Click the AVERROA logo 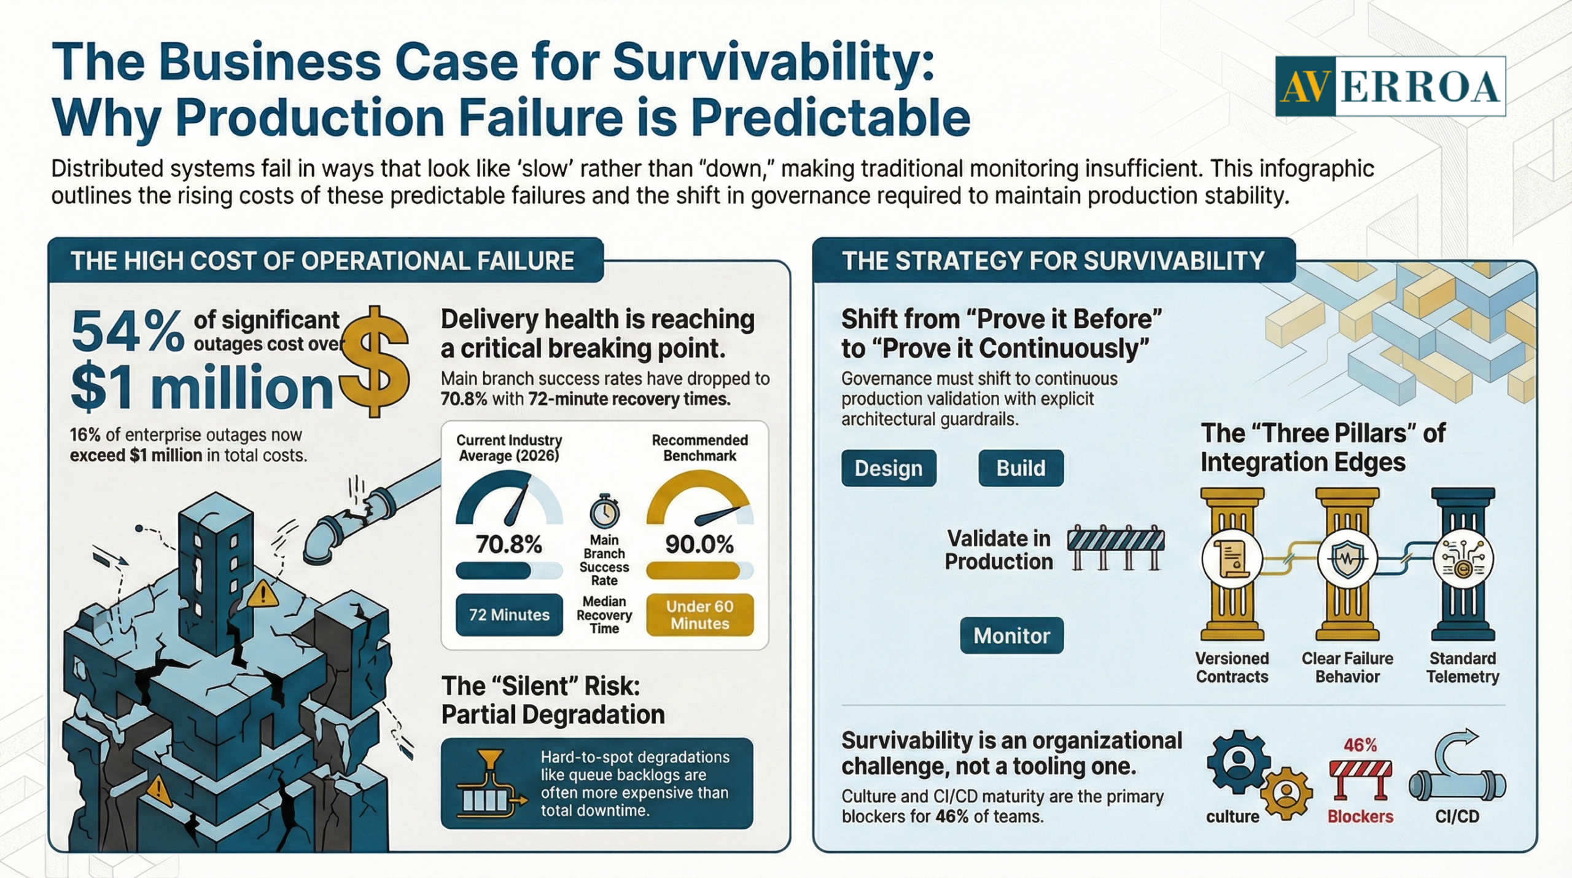point(1390,87)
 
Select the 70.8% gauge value point(509,544)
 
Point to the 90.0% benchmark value point(699,544)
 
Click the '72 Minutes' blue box point(509,614)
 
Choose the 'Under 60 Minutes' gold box point(700,614)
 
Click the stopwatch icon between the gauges point(604,510)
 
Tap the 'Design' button point(889,468)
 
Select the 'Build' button point(1021,468)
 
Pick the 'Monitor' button point(1012,635)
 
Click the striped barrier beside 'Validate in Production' point(1116,547)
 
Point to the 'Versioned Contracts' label point(1232,667)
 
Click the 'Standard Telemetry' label point(1463,667)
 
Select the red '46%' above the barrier point(1360,745)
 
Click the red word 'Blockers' point(1360,817)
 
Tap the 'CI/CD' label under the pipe point(1457,817)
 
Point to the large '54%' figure point(127,332)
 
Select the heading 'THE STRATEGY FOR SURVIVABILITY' point(1053,261)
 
